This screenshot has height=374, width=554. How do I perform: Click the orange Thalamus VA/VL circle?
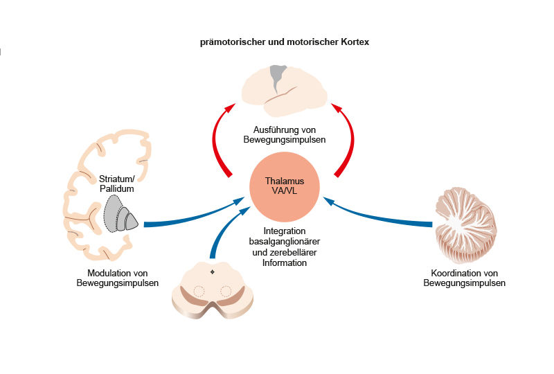click(285, 186)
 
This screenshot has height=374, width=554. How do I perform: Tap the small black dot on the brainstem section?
click(212, 271)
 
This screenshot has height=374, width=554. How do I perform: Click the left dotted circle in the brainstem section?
click(199, 291)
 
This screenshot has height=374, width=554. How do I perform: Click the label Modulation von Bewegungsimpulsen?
click(118, 278)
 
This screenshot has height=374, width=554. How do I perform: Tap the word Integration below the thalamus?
click(285, 231)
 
